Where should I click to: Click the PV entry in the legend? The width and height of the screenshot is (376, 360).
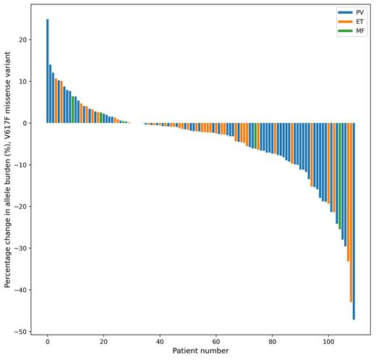click(x=359, y=12)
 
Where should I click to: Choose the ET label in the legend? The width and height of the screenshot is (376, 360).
click(x=359, y=22)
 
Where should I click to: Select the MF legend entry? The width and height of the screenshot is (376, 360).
click(x=359, y=32)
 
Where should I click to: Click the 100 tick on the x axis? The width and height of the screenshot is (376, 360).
click(x=328, y=341)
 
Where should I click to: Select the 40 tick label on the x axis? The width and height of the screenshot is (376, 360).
click(x=160, y=341)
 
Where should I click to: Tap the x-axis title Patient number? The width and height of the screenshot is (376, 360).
click(x=200, y=351)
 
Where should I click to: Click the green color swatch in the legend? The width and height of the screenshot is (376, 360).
click(x=345, y=32)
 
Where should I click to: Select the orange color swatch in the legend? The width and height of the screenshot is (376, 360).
click(x=345, y=22)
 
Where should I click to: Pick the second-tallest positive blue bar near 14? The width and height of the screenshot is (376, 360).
click(x=50, y=94)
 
